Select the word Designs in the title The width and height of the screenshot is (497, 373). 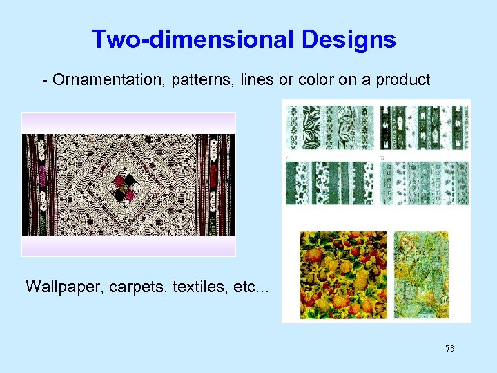(x=349, y=39)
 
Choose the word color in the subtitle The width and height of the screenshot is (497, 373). (x=316, y=80)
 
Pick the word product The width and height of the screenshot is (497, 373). (x=402, y=80)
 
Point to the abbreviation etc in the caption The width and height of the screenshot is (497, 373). (x=247, y=286)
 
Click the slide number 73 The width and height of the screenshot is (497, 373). (x=449, y=349)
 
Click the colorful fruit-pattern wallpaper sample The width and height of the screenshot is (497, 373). (x=334, y=274)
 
